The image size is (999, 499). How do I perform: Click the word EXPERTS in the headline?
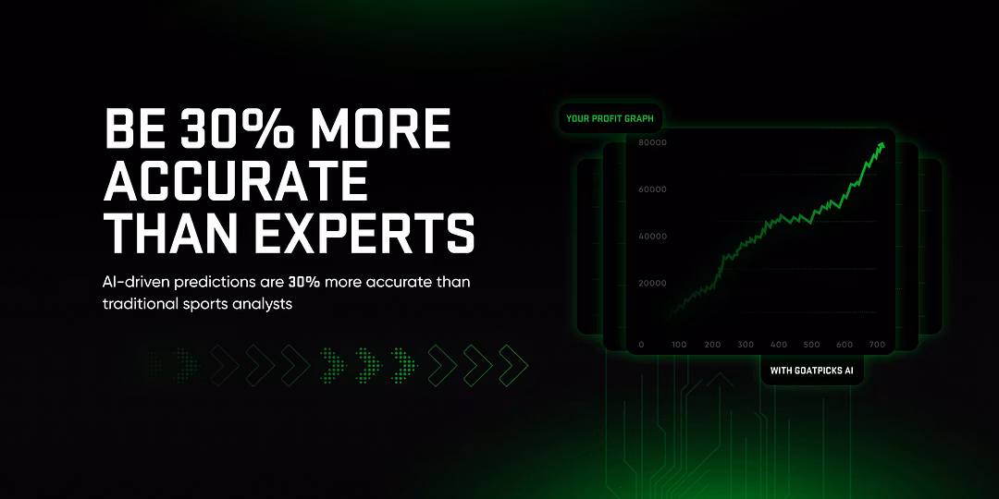[365, 234]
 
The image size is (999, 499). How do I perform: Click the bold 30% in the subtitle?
[304, 281]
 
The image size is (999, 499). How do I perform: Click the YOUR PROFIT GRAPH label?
[610, 118]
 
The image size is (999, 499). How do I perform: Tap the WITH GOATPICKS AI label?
[812, 371]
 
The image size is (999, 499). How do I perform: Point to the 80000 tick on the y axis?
[652, 142]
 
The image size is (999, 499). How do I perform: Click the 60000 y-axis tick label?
[652, 189]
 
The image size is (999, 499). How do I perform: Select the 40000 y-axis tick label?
[652, 237]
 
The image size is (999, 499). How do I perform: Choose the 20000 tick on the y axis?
[652, 284]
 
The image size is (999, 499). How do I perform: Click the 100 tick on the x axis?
[679, 345]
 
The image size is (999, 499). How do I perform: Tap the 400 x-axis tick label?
[779, 345]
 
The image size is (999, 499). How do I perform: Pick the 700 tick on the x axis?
[877, 345]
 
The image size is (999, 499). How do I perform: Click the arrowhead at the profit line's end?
[882, 146]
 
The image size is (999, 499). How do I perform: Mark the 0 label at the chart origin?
[641, 345]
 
